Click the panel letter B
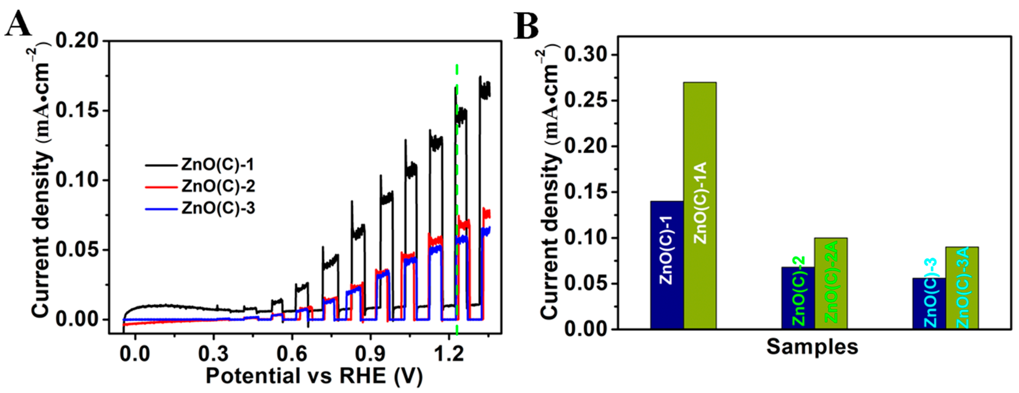[526, 26]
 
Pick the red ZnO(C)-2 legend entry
[218, 186]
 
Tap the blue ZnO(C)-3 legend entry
[218, 208]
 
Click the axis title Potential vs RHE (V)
[314, 376]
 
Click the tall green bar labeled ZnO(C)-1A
[699, 206]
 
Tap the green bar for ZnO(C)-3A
[962, 287]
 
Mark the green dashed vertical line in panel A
[457, 198]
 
